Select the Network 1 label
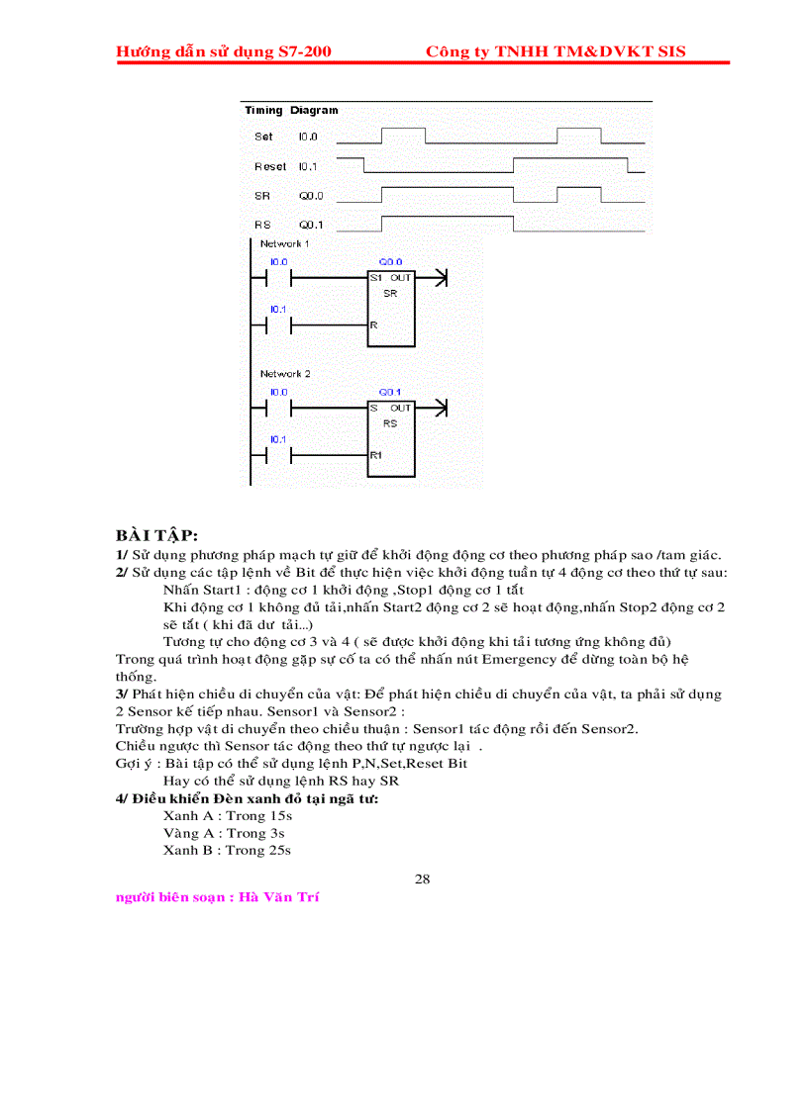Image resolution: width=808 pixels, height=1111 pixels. [284, 243]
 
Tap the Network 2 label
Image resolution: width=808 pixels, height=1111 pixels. [284, 374]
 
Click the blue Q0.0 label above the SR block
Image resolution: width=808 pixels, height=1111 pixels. [390, 262]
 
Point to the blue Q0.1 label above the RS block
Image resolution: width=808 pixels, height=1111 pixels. [390, 393]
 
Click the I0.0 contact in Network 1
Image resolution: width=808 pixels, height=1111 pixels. [278, 278]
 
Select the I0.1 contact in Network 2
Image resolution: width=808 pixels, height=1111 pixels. [278, 455]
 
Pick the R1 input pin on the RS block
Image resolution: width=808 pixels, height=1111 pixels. [376, 455]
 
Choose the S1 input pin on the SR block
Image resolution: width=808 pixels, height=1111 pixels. [376, 278]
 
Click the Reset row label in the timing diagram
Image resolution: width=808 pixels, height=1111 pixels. [269, 167]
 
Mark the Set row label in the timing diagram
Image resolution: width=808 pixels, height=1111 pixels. [263, 137]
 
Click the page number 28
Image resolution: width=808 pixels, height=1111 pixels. [423, 879]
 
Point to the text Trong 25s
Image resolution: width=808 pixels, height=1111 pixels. [258, 850]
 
